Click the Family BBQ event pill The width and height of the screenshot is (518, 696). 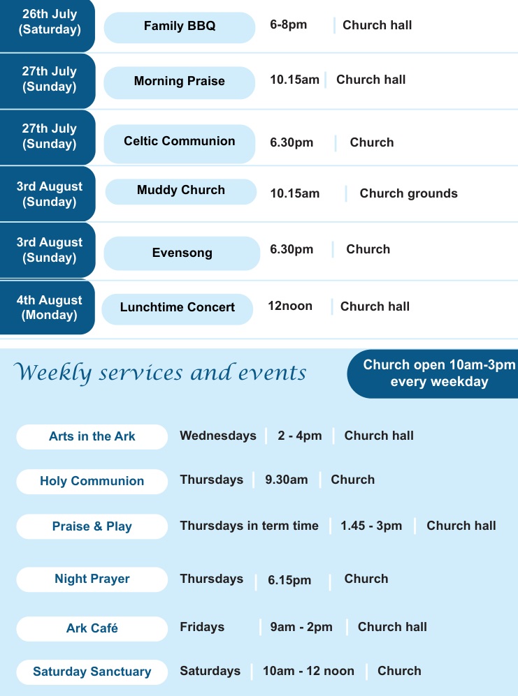click(180, 27)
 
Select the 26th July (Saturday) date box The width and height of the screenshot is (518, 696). click(47, 25)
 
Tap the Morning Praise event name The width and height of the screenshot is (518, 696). click(179, 81)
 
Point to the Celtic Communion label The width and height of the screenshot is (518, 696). click(179, 141)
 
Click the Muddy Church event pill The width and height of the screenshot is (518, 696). click(181, 191)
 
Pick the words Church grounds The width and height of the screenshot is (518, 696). click(409, 193)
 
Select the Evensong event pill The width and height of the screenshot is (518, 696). click(182, 253)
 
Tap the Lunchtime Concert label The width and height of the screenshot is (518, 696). click(178, 307)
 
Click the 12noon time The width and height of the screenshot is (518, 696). click(290, 306)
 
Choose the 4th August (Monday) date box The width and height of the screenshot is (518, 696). click(47, 307)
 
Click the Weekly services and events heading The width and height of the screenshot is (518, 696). click(160, 372)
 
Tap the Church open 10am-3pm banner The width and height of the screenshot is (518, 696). click(433, 373)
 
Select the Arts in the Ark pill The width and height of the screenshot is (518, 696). click(92, 437)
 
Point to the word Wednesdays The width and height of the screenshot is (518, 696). click(218, 436)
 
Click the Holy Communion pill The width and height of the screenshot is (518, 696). click(92, 481)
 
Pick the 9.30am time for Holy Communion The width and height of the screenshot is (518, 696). click(287, 480)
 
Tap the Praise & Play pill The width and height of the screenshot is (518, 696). click(92, 526)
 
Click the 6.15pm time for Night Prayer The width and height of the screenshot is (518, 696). click(289, 580)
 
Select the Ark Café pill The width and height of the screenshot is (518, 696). click(92, 628)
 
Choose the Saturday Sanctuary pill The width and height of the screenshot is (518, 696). click(92, 672)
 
